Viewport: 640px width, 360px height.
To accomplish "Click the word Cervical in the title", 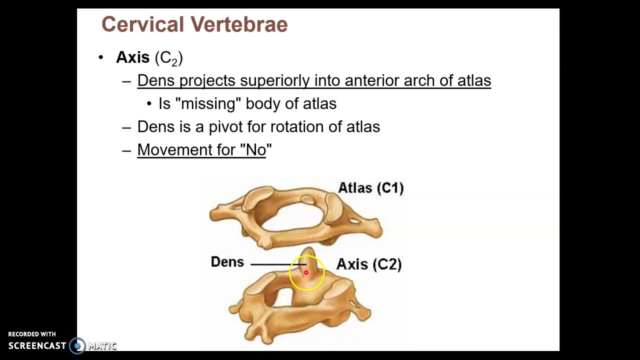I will click(136, 24).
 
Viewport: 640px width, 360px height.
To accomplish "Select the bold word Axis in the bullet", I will click(132, 57).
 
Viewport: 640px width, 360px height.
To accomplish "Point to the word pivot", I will click(225, 127).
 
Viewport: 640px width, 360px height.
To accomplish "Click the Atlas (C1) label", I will click(370, 188).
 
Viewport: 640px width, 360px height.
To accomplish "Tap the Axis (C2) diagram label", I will click(368, 264).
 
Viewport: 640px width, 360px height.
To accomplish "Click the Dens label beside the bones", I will click(227, 262).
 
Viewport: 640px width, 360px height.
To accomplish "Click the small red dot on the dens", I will click(306, 272).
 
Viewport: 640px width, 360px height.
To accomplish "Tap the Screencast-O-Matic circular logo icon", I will click(77, 345).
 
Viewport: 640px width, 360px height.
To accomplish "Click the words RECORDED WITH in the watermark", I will click(32, 334).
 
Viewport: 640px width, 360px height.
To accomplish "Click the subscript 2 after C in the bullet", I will click(174, 62).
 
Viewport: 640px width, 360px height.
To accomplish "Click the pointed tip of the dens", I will click(308, 249).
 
